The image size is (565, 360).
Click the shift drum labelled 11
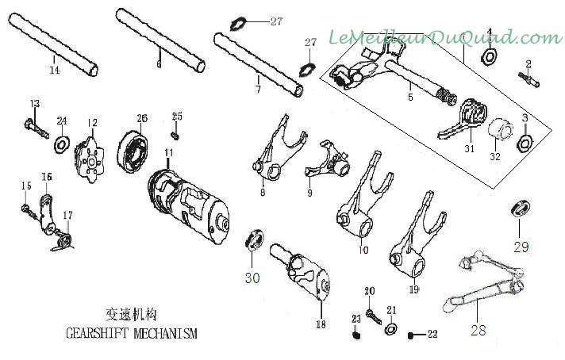[x=188, y=206]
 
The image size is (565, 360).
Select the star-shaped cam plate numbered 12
[x=90, y=160]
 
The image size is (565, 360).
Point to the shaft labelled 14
[x=53, y=44]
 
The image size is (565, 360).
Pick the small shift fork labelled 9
[x=328, y=161]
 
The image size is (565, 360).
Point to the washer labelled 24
[x=62, y=145]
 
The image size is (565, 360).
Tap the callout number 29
[x=521, y=247]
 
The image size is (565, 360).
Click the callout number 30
[x=252, y=278]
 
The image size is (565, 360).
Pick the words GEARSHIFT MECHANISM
[x=132, y=333]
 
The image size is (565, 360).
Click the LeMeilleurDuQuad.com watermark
[x=445, y=37]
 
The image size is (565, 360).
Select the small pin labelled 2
[x=529, y=79]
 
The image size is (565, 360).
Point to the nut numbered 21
[x=390, y=328]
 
